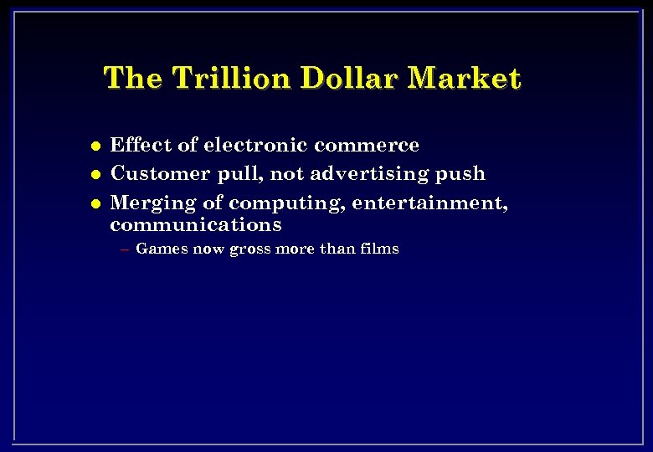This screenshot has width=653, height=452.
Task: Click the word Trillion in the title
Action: (232, 79)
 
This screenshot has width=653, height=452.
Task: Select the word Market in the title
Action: (467, 79)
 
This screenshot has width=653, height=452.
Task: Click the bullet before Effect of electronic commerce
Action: (95, 146)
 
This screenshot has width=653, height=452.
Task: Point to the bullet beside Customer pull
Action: (95, 175)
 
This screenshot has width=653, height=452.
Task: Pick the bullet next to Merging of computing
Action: (95, 203)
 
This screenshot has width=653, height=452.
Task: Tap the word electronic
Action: (255, 145)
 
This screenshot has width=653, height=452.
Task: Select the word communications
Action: (196, 225)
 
